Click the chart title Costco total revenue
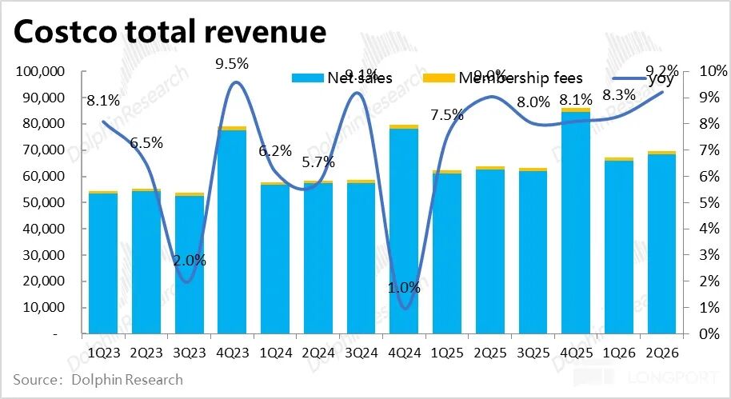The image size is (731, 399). pyautogui.click(x=170, y=33)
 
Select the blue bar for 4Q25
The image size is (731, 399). pyautogui.click(x=576, y=224)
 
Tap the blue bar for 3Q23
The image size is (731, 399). pyautogui.click(x=189, y=264)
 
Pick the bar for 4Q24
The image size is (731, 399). pyautogui.click(x=404, y=232)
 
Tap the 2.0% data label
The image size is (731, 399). pyautogui.click(x=190, y=260)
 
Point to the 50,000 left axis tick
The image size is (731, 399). pyautogui.click(x=43, y=203)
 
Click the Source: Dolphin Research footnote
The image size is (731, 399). pyautogui.click(x=98, y=379)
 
